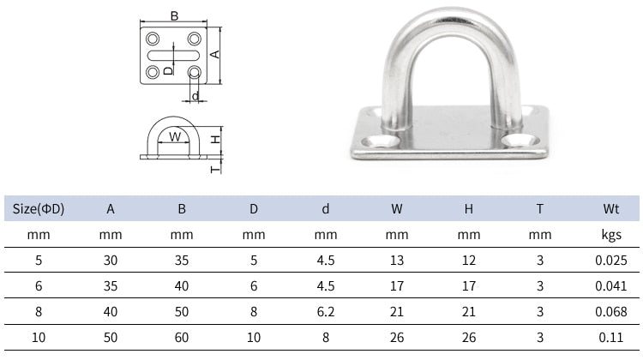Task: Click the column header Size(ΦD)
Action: [39, 208]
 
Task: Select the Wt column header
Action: [610, 208]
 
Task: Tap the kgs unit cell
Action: [610, 234]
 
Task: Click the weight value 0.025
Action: [610, 260]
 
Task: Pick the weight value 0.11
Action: [610, 338]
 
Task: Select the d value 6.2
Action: [326, 312]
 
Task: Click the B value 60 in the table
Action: [182, 338]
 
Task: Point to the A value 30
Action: [111, 260]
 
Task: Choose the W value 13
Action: [397, 260]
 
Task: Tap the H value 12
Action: [468, 260]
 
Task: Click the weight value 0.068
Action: [610, 312]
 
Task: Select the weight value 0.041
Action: [610, 286]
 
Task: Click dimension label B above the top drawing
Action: [174, 15]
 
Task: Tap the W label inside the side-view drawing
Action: [174, 135]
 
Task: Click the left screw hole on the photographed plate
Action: [378, 141]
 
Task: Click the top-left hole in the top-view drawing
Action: [153, 39]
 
